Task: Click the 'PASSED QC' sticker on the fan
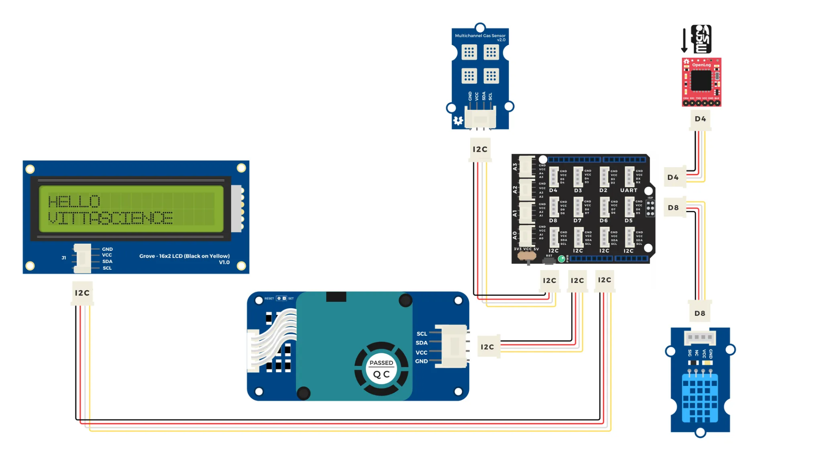(381, 369)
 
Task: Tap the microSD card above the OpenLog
(701, 39)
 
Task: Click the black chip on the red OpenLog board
(701, 80)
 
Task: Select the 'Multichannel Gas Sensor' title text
(480, 36)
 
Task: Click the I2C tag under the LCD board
(82, 293)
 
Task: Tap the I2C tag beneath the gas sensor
(480, 149)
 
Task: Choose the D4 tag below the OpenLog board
(700, 119)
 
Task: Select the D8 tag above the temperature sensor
(700, 313)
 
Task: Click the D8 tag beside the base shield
(673, 207)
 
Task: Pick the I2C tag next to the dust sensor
(487, 347)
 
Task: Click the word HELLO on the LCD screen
(74, 201)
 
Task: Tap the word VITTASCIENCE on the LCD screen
(110, 218)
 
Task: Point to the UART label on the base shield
(629, 190)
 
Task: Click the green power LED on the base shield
(561, 259)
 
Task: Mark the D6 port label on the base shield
(604, 220)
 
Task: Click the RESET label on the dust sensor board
(269, 298)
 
